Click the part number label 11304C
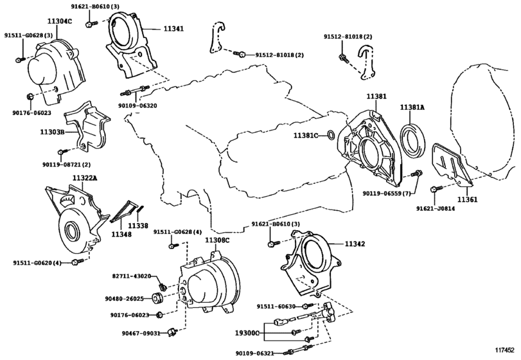[x=60, y=21]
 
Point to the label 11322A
[x=84, y=177]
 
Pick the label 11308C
[x=217, y=240]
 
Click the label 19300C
[x=245, y=334]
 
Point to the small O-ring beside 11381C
[x=328, y=135]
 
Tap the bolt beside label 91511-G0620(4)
[x=76, y=262]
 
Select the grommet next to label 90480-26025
[x=156, y=298]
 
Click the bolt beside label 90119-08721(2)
[x=61, y=152]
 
